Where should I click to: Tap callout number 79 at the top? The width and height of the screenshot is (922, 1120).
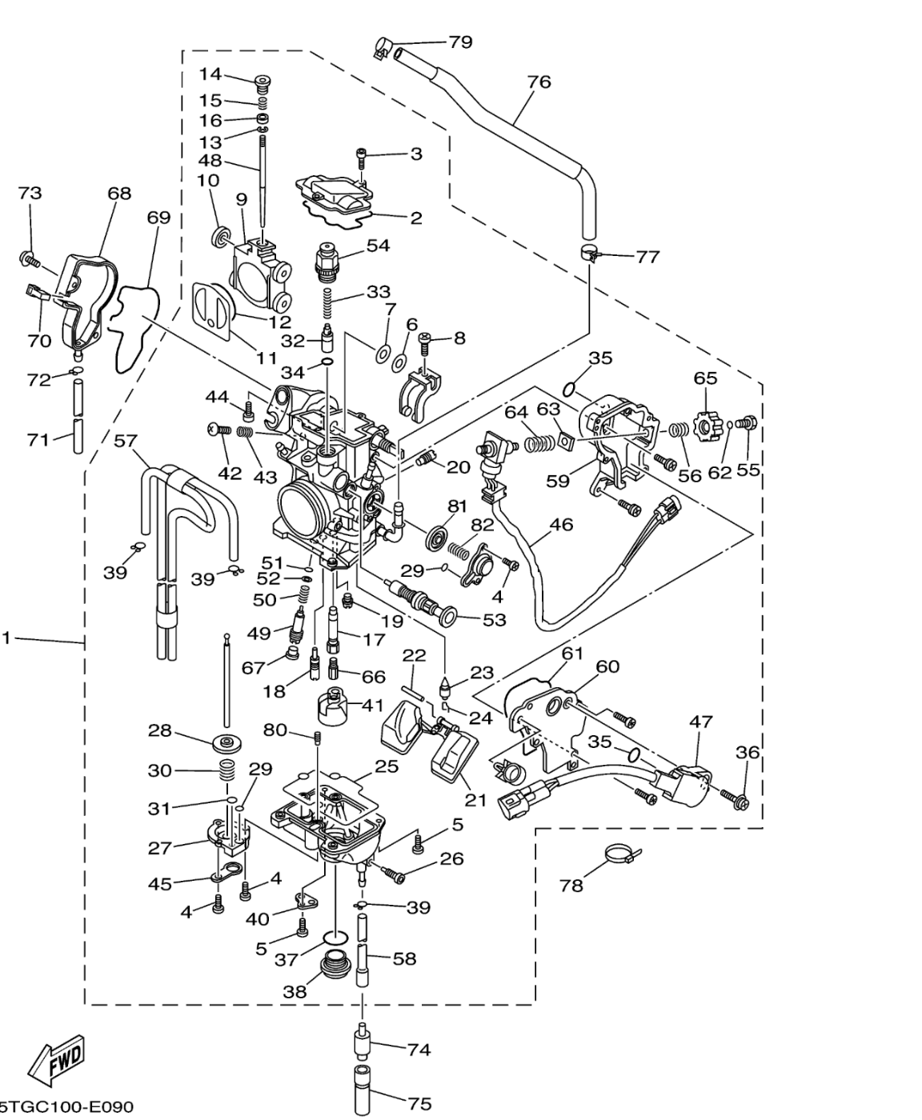460,42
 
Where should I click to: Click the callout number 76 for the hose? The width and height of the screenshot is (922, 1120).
539,82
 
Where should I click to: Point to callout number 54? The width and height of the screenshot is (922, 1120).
378,245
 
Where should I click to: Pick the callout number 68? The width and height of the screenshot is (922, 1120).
120,194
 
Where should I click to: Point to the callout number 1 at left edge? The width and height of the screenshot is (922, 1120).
6,638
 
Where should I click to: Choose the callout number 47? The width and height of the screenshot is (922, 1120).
701,722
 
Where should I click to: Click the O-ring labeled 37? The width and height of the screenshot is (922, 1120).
335,937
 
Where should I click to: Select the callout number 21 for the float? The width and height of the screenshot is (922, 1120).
475,799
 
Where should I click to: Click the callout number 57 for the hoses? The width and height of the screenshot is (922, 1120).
126,441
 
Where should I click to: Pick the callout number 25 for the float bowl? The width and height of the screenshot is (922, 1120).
387,766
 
